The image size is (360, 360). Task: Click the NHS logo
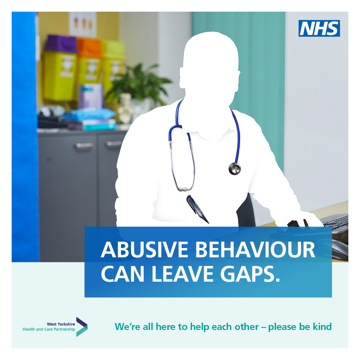[319, 28]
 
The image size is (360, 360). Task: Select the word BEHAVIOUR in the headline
[255, 250]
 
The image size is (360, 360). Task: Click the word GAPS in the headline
[250, 274]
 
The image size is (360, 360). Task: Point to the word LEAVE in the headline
[183, 274]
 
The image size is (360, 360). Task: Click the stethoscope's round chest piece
[235, 169]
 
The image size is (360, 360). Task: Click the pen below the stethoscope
[197, 209]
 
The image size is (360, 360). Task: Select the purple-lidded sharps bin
[60, 68]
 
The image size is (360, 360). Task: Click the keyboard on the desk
[336, 224]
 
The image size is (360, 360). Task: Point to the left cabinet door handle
[84, 145]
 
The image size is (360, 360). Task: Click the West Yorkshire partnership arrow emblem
[82, 327]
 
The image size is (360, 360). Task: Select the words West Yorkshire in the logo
[61, 324]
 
